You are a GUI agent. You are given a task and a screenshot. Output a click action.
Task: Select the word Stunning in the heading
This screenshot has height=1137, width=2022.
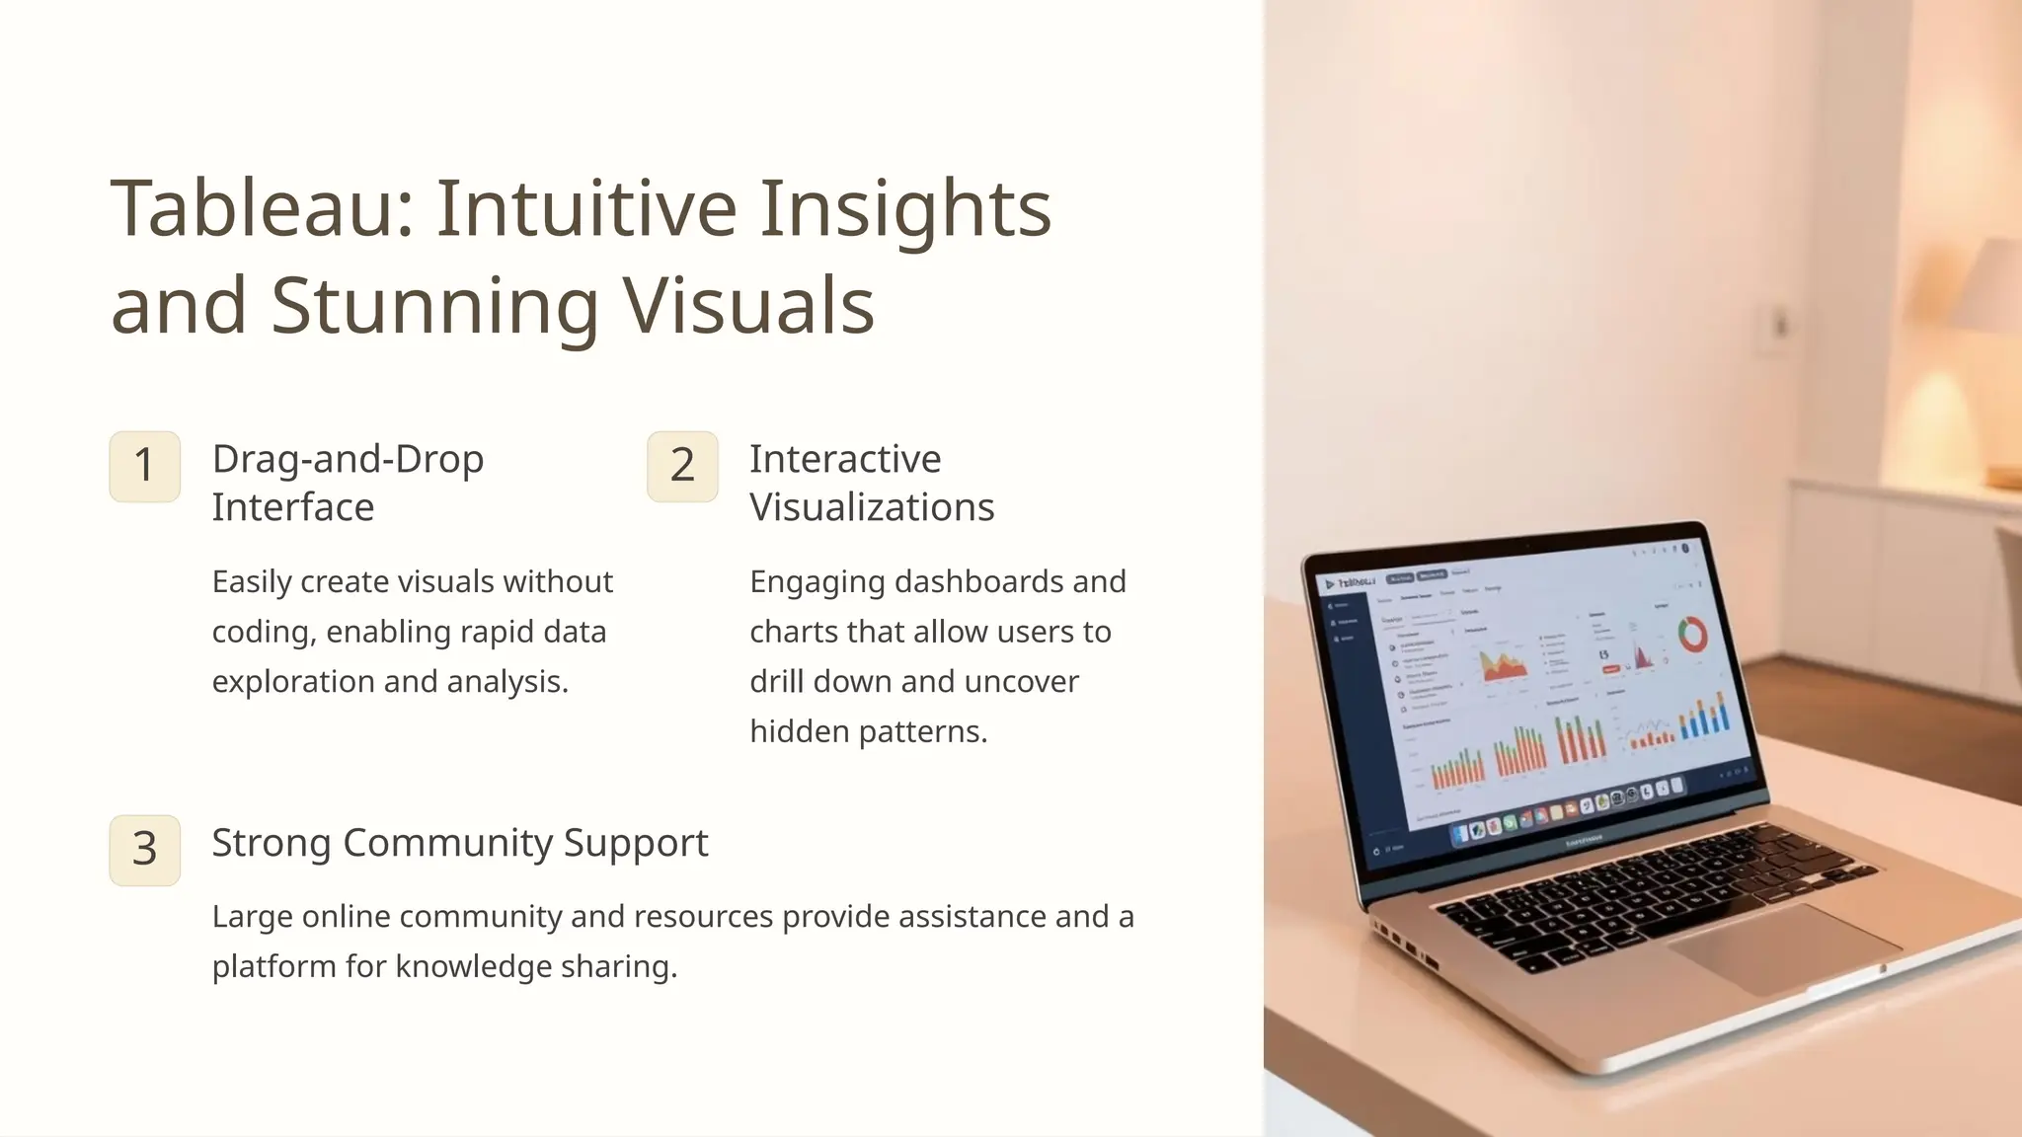434,306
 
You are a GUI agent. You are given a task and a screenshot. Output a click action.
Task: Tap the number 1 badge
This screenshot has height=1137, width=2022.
144,466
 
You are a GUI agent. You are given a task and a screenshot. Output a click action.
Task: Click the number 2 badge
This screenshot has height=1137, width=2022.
682,466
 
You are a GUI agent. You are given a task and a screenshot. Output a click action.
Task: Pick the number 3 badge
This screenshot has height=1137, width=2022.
144,850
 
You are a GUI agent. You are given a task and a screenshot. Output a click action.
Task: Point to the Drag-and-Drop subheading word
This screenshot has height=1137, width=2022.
348,460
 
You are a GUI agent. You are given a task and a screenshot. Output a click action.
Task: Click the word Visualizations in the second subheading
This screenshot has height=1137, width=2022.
872,507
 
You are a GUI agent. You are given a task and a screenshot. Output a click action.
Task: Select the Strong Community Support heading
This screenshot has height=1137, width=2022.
459,843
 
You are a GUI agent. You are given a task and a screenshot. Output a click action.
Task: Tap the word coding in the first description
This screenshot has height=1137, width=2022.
264,632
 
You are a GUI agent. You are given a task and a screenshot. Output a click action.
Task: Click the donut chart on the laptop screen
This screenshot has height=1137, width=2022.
1693,635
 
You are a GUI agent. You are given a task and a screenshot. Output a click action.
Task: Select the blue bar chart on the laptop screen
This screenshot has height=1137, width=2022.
1705,716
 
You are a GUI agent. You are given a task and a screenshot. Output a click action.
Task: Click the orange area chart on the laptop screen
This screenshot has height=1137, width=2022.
1503,665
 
